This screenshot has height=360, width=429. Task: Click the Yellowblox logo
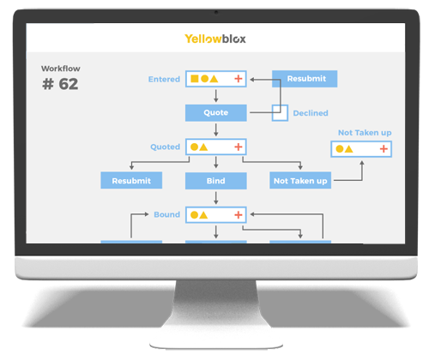[x=215, y=39]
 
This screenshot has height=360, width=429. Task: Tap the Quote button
[x=216, y=113]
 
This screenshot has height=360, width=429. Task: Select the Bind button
[x=216, y=181]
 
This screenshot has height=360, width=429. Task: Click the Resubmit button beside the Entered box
[x=305, y=79]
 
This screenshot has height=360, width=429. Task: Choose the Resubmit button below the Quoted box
[x=131, y=180]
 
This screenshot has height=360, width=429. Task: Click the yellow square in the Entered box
[x=195, y=79]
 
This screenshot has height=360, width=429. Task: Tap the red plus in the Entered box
[x=239, y=79]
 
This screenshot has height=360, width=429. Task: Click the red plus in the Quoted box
[x=239, y=147]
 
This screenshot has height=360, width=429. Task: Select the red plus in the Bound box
[x=239, y=215]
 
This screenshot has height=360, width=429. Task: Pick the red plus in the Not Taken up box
[x=384, y=148]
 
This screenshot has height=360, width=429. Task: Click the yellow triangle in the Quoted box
[x=203, y=147]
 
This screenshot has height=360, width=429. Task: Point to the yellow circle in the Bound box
[x=194, y=215]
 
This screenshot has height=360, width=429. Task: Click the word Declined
[x=311, y=113]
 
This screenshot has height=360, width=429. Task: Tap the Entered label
[x=164, y=79]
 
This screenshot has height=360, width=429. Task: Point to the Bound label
[x=167, y=214]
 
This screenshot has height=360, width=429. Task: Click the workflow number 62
[x=69, y=84]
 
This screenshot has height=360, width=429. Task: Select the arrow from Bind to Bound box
[x=216, y=198]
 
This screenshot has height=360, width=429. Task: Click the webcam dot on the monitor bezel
[x=216, y=12]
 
